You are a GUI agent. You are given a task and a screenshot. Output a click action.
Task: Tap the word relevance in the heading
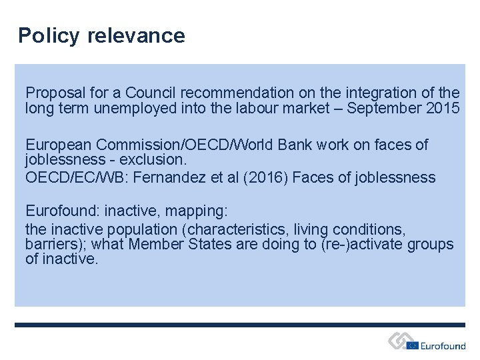point(136,35)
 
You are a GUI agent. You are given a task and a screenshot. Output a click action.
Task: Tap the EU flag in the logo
point(413,345)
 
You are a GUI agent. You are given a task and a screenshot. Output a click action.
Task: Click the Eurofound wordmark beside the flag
point(443,345)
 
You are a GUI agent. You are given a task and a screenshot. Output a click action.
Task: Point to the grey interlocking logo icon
point(398,341)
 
